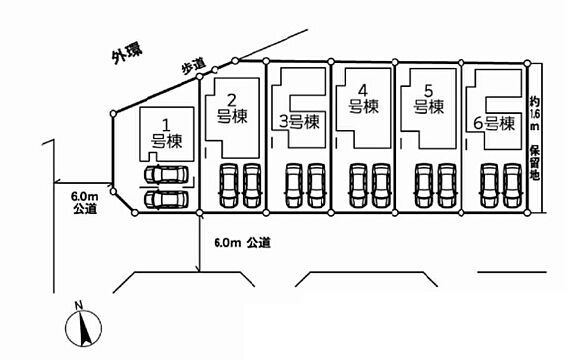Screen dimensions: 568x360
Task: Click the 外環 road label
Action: click(127, 53)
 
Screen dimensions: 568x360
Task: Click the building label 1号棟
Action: click(166, 134)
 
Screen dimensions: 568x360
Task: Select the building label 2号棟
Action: click(232, 108)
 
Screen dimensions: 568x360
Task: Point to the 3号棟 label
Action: click(299, 122)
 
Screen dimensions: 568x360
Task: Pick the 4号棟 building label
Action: click(363, 99)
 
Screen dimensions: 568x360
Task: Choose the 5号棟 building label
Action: click(429, 99)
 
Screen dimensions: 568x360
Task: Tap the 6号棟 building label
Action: click(494, 123)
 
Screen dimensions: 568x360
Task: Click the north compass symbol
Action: click(83, 328)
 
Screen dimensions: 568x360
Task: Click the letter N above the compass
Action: click(79, 305)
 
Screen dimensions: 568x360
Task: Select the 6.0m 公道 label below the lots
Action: click(242, 243)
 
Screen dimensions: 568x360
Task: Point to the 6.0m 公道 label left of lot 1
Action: click(85, 203)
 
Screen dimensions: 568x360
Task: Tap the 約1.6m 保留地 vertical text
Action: click(535, 138)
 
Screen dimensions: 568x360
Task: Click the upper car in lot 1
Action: click(166, 174)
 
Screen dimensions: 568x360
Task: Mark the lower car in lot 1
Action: click(166, 199)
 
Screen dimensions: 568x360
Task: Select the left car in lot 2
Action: click(229, 185)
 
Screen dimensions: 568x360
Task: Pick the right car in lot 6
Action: click(513, 185)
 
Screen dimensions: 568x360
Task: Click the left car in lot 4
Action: click(359, 185)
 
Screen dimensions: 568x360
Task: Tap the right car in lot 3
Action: click(316, 185)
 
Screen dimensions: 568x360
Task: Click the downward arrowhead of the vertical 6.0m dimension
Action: click(199, 270)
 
